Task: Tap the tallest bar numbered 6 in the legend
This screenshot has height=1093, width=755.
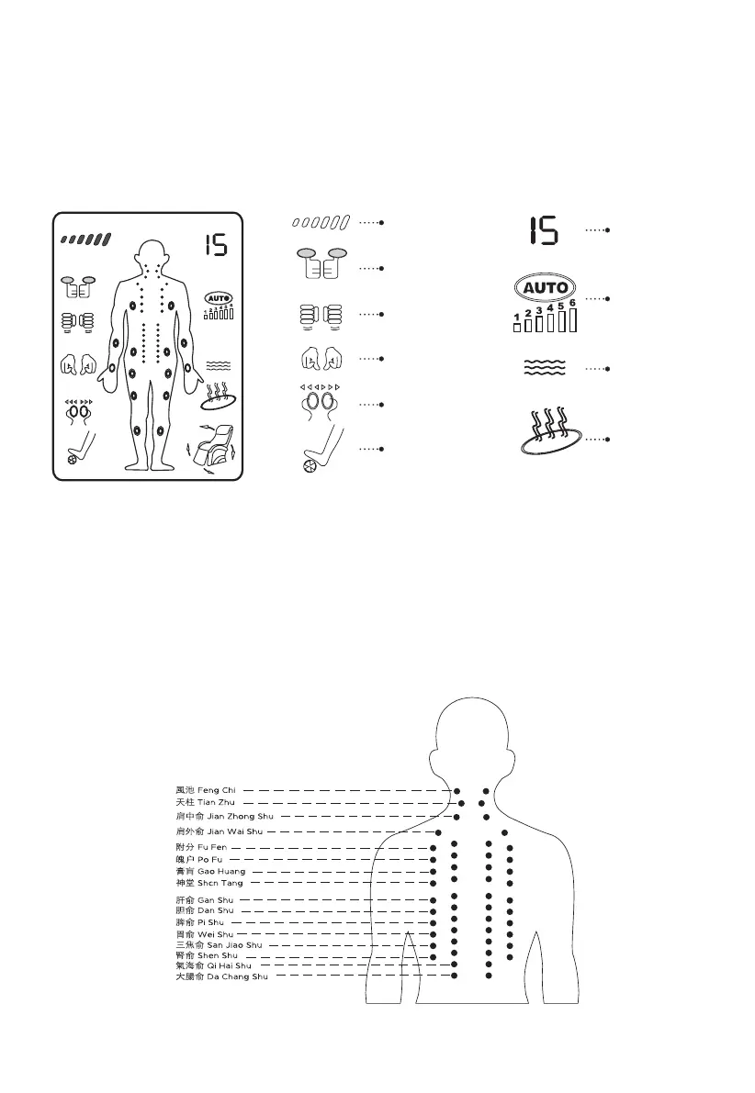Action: (572, 318)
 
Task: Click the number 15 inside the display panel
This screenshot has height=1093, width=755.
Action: (216, 245)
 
